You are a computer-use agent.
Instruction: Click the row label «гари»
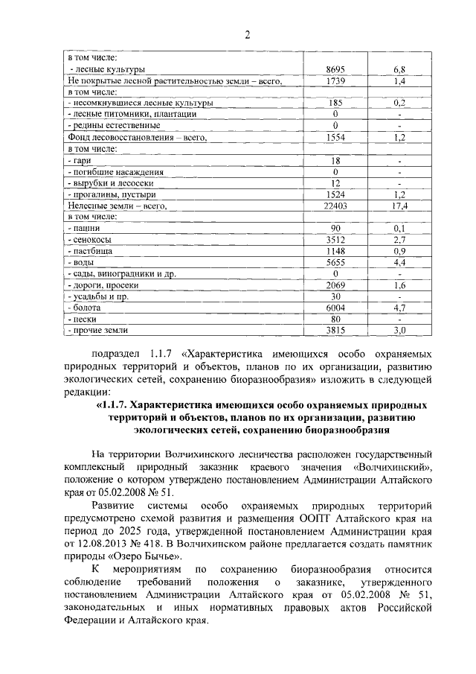click(80, 160)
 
